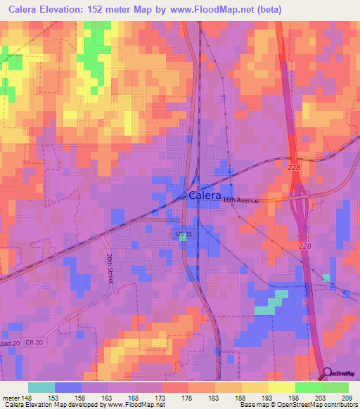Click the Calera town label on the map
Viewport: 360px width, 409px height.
click(x=205, y=196)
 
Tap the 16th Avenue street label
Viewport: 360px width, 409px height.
click(x=240, y=200)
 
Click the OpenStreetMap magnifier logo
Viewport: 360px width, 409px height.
click(x=328, y=374)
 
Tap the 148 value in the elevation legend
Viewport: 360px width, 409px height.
click(x=26, y=398)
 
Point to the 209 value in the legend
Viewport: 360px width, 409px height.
click(x=346, y=398)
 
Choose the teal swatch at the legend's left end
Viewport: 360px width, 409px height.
click(x=41, y=387)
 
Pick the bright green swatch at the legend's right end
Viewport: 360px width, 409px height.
click(x=335, y=387)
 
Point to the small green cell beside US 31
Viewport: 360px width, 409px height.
click(x=183, y=238)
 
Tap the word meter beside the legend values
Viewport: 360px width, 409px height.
click(x=9, y=398)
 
